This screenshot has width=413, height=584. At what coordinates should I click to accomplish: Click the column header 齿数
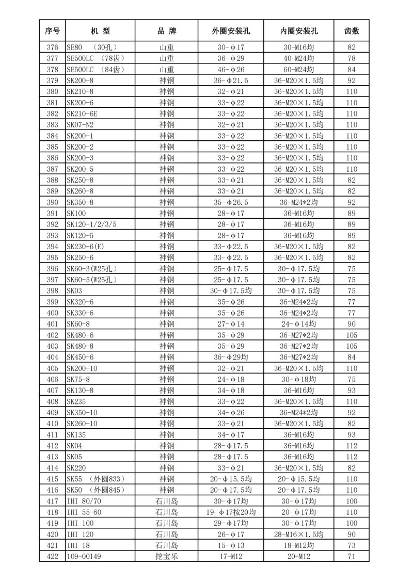pyautogui.click(x=352, y=31)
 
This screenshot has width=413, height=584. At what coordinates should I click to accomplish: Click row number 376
pyautogui.click(x=52, y=47)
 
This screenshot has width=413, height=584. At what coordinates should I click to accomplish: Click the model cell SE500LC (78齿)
pyautogui.click(x=96, y=58)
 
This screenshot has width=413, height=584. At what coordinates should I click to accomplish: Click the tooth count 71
pyautogui.click(x=352, y=557)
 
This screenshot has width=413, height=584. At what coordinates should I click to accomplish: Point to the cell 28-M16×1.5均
pyautogui.click(x=298, y=534)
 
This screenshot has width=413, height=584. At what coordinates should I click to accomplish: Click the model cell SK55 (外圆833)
pyautogui.click(x=96, y=479)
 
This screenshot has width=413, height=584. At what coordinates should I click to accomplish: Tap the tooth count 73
pyautogui.click(x=352, y=546)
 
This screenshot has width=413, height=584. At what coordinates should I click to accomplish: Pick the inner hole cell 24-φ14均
pyautogui.click(x=298, y=324)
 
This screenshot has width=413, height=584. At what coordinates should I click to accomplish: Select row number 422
pyautogui.click(x=52, y=557)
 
